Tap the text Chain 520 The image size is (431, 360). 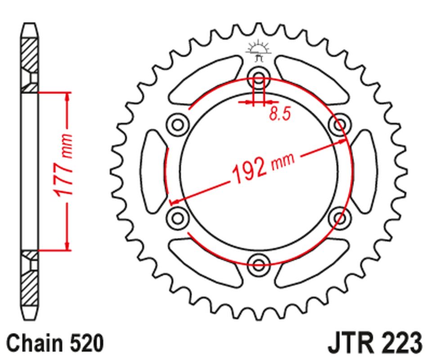point(55,343)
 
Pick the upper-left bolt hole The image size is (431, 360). point(177,123)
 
